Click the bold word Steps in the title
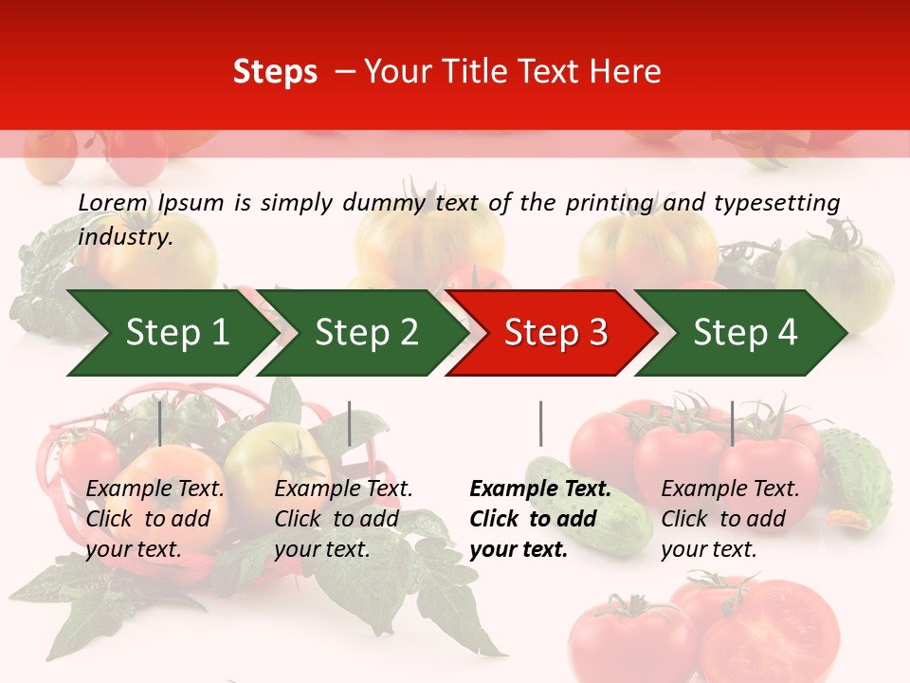[275, 72]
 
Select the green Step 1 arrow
[171, 333]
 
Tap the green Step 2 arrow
[364, 333]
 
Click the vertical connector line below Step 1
[159, 423]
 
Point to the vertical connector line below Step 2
[350, 423]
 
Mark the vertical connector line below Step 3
[540, 423]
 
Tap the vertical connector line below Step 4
[732, 423]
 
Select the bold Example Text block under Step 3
[540, 519]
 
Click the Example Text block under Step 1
[155, 519]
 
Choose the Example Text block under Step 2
[343, 519]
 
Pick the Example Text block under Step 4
[730, 519]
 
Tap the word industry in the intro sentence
[125, 236]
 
